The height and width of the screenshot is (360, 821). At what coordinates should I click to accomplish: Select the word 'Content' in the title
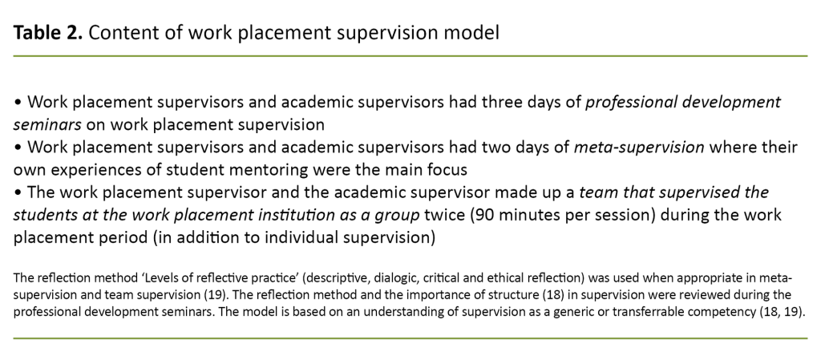[x=119, y=33]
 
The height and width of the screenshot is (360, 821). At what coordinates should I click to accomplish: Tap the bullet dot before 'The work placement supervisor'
[x=18, y=192]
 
